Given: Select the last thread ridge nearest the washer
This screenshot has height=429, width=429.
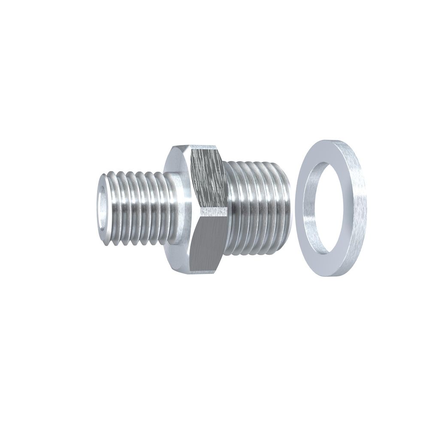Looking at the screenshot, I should [285, 206].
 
